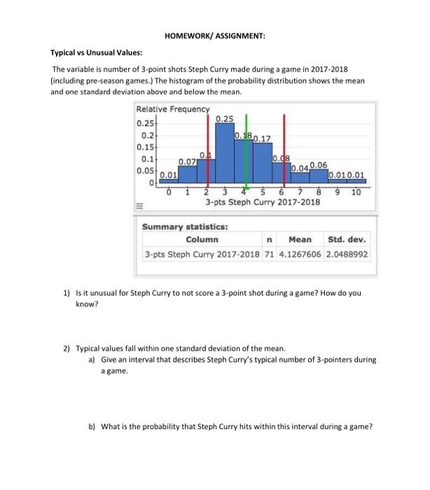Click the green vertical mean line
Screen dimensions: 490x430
[x=245, y=147]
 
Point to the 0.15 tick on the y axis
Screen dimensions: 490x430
[x=146, y=147]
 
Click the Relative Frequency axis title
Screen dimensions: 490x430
[x=172, y=109]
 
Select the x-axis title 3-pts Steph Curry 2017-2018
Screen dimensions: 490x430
[x=263, y=202]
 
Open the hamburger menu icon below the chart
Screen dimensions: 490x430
[x=139, y=206]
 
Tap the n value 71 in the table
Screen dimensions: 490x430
[x=270, y=254]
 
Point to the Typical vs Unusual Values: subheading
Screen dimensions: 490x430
[x=96, y=53]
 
